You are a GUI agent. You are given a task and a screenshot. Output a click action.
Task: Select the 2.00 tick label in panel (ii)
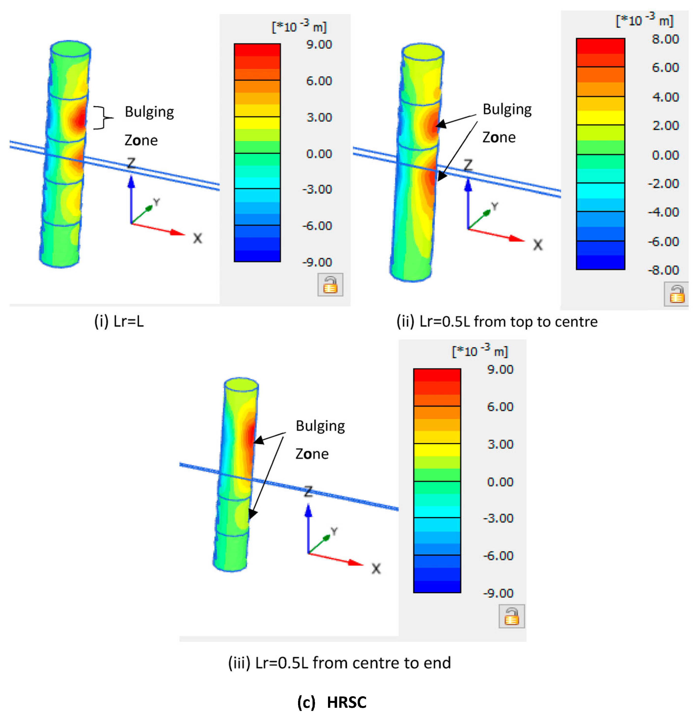pyautogui.click(x=665, y=126)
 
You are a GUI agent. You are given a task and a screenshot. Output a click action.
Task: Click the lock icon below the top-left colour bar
pyautogui.click(x=330, y=285)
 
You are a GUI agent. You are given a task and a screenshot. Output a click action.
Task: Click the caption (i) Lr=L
pyautogui.click(x=119, y=322)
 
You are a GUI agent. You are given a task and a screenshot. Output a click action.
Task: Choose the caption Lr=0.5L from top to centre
pyautogui.click(x=497, y=322)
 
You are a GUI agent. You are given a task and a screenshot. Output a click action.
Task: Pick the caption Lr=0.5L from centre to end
pyautogui.click(x=339, y=663)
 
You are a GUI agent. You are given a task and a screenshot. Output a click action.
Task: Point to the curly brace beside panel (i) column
pyautogui.click(x=103, y=118)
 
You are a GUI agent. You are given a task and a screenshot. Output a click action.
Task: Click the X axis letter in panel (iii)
pyautogui.click(x=376, y=569)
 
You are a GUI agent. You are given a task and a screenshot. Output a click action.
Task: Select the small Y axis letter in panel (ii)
pyautogui.click(x=495, y=206)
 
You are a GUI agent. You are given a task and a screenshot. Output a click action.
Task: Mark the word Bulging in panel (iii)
pyautogui.click(x=320, y=426)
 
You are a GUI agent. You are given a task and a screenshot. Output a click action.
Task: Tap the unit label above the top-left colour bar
pyautogui.click(x=299, y=26)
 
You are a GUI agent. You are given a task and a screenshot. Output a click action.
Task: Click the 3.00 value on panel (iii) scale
pyautogui.click(x=500, y=444)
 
